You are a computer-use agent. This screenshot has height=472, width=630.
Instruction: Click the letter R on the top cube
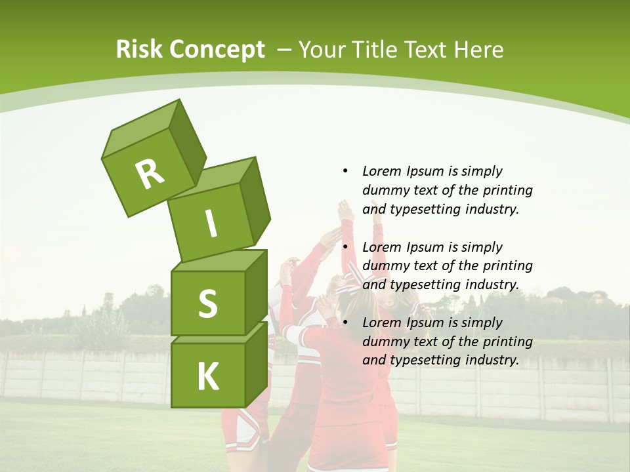pos(150,174)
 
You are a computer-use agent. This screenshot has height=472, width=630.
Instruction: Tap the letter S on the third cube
pos(207,304)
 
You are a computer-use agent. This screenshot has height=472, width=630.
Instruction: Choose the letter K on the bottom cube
pos(207,377)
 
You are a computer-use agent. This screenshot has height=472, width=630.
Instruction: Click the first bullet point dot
pos(345,171)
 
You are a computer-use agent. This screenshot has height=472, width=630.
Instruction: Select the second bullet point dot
pos(345,247)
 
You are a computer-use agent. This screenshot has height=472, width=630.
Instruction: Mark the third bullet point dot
pos(345,323)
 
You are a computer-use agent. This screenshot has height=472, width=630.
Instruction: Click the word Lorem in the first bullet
pos(381,171)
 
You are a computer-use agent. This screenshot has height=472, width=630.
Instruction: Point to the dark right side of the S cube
pos(256,292)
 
